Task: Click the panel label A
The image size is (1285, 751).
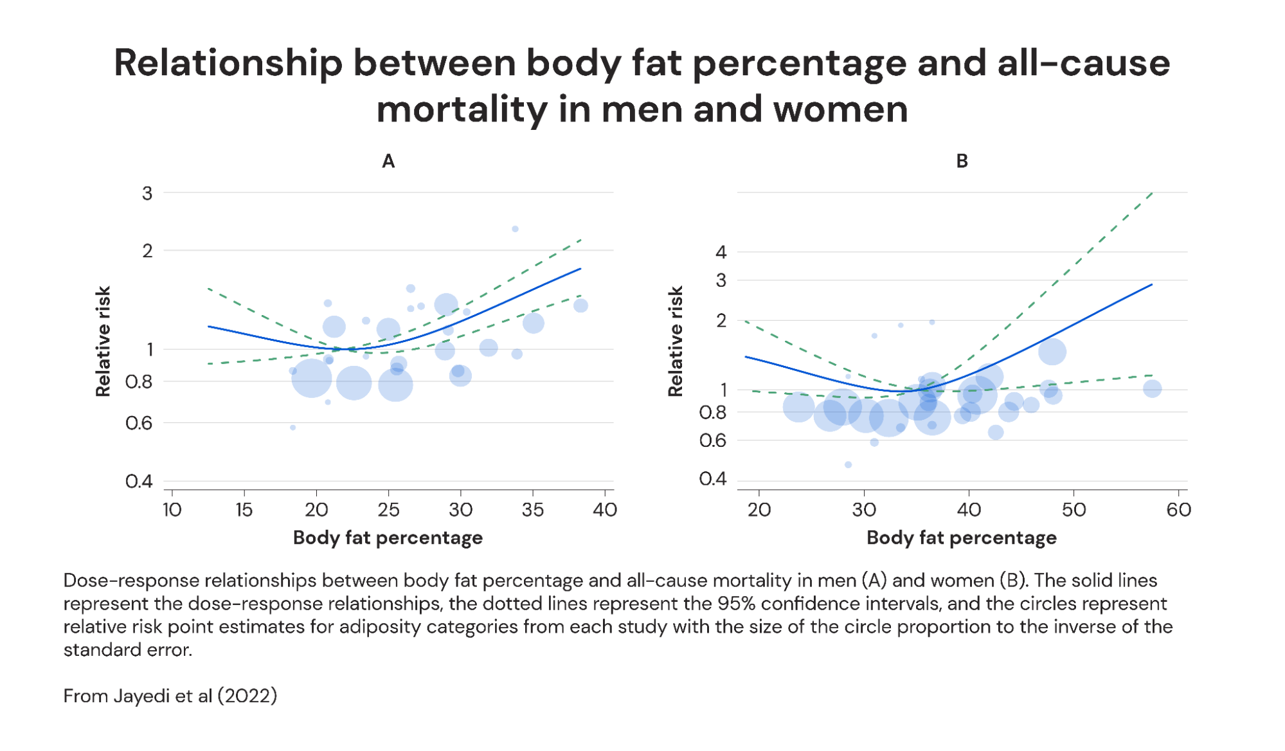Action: pyautogui.click(x=388, y=161)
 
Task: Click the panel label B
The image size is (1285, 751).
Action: pyautogui.click(x=962, y=161)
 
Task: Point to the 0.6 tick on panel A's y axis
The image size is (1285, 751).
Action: pyautogui.click(x=139, y=423)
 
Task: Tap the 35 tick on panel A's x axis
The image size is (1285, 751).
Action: pyautogui.click(x=532, y=510)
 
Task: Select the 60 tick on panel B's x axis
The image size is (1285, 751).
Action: pyautogui.click(x=1178, y=510)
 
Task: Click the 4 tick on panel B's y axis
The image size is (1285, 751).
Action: pyautogui.click(x=721, y=252)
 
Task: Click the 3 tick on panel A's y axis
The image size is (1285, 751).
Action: pyautogui.click(x=147, y=193)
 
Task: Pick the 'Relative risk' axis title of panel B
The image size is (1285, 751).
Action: pyautogui.click(x=675, y=341)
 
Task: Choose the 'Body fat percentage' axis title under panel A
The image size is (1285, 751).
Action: pyautogui.click(x=388, y=538)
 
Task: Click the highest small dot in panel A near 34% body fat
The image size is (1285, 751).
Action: pyautogui.click(x=515, y=229)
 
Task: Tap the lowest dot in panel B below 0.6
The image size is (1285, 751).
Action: pyautogui.click(x=848, y=464)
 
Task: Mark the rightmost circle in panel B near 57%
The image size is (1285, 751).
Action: pyautogui.click(x=1152, y=388)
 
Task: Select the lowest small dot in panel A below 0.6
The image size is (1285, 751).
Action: pyautogui.click(x=292, y=428)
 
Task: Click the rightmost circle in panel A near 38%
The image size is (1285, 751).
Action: pyautogui.click(x=580, y=305)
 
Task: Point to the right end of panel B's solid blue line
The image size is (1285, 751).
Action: pyautogui.click(x=1151, y=284)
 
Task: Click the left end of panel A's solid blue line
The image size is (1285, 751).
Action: pyautogui.click(x=208, y=327)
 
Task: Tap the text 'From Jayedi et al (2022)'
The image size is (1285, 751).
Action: pyautogui.click(x=170, y=696)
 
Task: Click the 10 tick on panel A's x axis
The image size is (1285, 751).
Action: pyautogui.click(x=172, y=510)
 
